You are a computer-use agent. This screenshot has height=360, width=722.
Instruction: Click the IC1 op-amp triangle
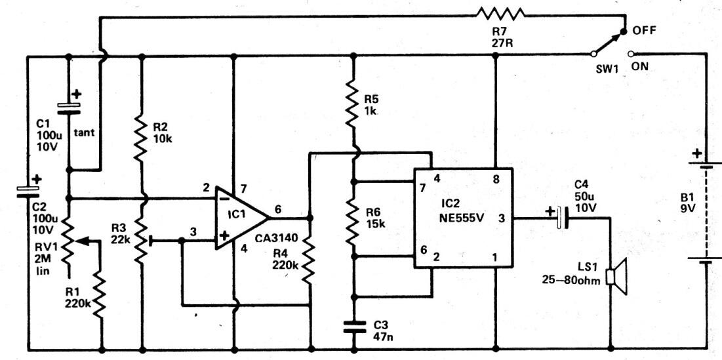tap(239, 216)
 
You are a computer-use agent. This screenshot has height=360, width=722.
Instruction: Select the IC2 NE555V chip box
tap(462, 216)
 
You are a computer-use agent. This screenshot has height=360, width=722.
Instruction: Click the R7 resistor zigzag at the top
tap(501, 13)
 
